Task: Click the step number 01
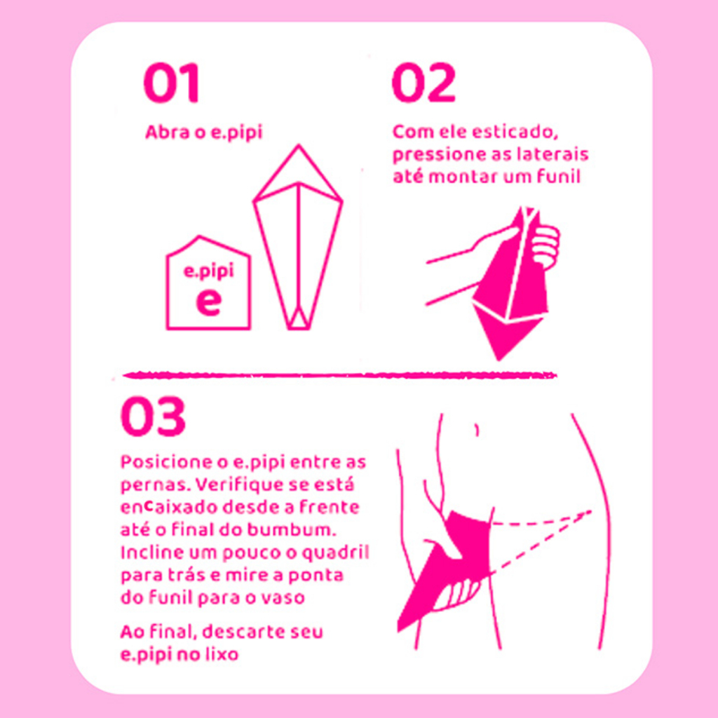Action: (x=171, y=83)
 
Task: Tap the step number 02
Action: (x=424, y=83)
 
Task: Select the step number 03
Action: (x=153, y=416)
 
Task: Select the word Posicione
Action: (x=174, y=462)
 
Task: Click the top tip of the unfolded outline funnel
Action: (x=299, y=146)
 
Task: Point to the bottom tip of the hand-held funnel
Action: (x=499, y=360)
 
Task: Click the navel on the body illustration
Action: (x=477, y=430)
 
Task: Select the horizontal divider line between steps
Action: (x=340, y=376)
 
